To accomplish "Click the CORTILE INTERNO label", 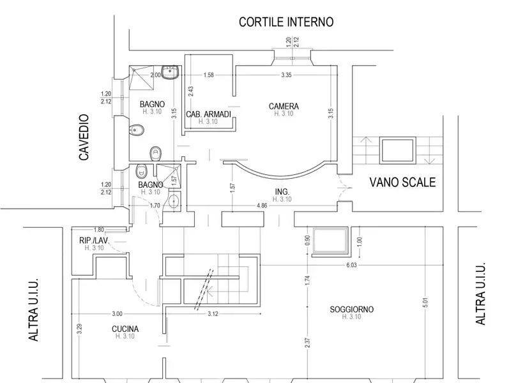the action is pos(286,22).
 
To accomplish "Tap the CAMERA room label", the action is pos(284,106).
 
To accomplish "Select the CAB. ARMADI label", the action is pos(209,114).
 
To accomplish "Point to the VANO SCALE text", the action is pos(402,182).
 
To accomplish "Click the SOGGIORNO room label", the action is pos(352,309).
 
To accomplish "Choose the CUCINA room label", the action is pos(125,329).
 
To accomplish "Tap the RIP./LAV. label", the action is pos(94,241).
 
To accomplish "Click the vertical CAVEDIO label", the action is pos(84,137).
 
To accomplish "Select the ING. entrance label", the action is pos(282,191).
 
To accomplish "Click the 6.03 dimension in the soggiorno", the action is pos(351,265).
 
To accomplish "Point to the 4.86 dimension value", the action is pos(262,206).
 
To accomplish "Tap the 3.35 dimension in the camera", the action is pos(286,75).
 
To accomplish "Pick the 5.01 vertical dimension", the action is pos(425,303).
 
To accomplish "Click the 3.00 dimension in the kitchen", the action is pos(117,314).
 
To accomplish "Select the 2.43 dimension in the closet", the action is pos(191,91).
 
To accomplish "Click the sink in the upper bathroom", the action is pos(170,73).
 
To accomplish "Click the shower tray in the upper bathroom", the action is pos(141,77).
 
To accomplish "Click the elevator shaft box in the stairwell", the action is pos(397,151).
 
